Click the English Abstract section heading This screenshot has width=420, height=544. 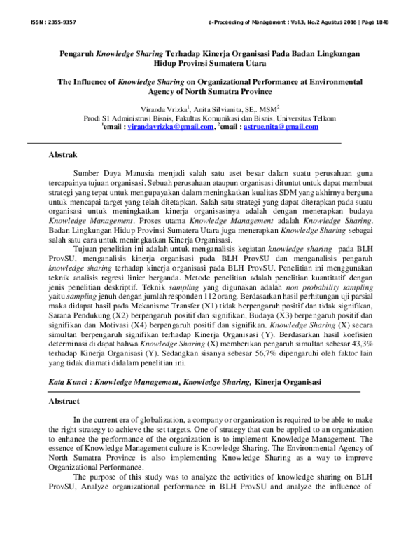(64, 402)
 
